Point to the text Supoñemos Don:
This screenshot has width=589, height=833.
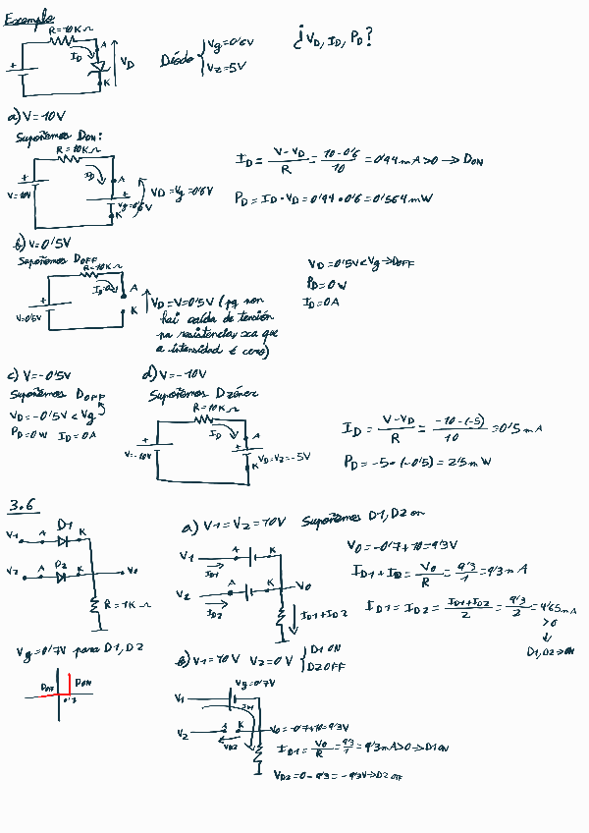click(x=59, y=137)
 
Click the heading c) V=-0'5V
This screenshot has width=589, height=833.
click(x=39, y=376)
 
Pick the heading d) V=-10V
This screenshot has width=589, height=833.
click(x=174, y=375)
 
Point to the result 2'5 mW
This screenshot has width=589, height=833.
click(x=471, y=462)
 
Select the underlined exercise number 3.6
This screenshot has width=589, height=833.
click(x=22, y=506)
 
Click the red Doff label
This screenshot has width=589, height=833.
click(x=50, y=685)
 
